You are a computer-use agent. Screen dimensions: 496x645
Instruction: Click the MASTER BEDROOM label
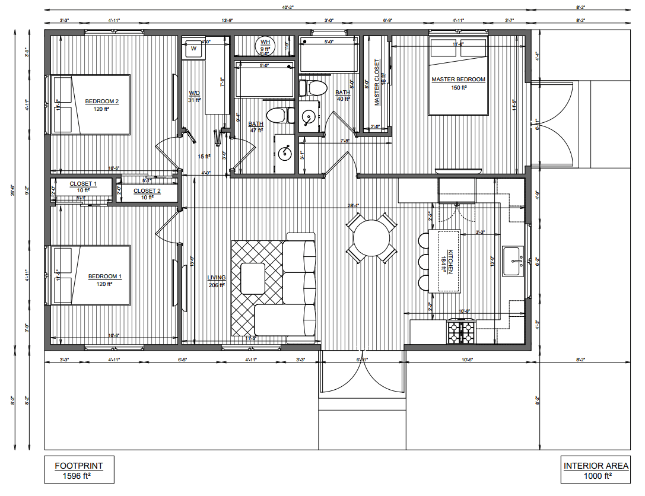(x=458, y=80)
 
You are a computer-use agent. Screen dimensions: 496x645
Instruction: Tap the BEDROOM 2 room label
(x=101, y=101)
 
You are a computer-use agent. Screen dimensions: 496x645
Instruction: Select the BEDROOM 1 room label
(x=104, y=276)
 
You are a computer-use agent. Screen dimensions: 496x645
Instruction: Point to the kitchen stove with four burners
(x=461, y=332)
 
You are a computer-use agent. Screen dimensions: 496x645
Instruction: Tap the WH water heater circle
(x=265, y=44)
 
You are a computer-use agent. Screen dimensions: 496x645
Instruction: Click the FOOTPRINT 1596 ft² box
(x=78, y=470)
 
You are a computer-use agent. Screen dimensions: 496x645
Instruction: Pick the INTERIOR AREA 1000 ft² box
(x=596, y=470)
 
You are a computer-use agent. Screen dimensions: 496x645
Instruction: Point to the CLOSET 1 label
(x=82, y=184)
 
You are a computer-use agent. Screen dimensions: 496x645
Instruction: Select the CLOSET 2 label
(x=147, y=191)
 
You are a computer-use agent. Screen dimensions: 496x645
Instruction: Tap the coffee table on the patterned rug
(x=253, y=278)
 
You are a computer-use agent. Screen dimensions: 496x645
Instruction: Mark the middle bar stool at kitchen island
(x=424, y=262)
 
